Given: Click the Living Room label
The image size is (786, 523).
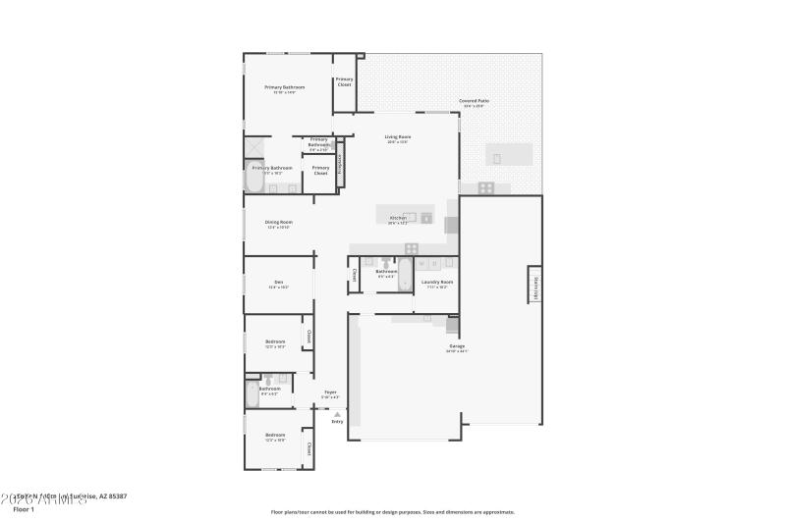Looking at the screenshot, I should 397,137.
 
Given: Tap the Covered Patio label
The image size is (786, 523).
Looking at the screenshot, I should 474,101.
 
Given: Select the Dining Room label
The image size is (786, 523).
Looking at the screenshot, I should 278,223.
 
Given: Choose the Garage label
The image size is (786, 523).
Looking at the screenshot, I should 457,346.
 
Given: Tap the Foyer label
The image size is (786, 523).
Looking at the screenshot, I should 330,392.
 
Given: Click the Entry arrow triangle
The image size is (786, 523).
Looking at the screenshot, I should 337,414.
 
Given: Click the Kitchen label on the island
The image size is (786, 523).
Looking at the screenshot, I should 398,218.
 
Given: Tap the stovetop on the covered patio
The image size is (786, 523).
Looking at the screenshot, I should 485,186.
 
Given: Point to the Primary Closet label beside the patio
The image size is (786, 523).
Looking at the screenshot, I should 344,82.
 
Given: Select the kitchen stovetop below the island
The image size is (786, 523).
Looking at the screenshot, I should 412,247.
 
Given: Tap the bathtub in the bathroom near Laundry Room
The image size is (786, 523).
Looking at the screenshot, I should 405,270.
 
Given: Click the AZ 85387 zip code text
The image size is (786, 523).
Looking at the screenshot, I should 111,497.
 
